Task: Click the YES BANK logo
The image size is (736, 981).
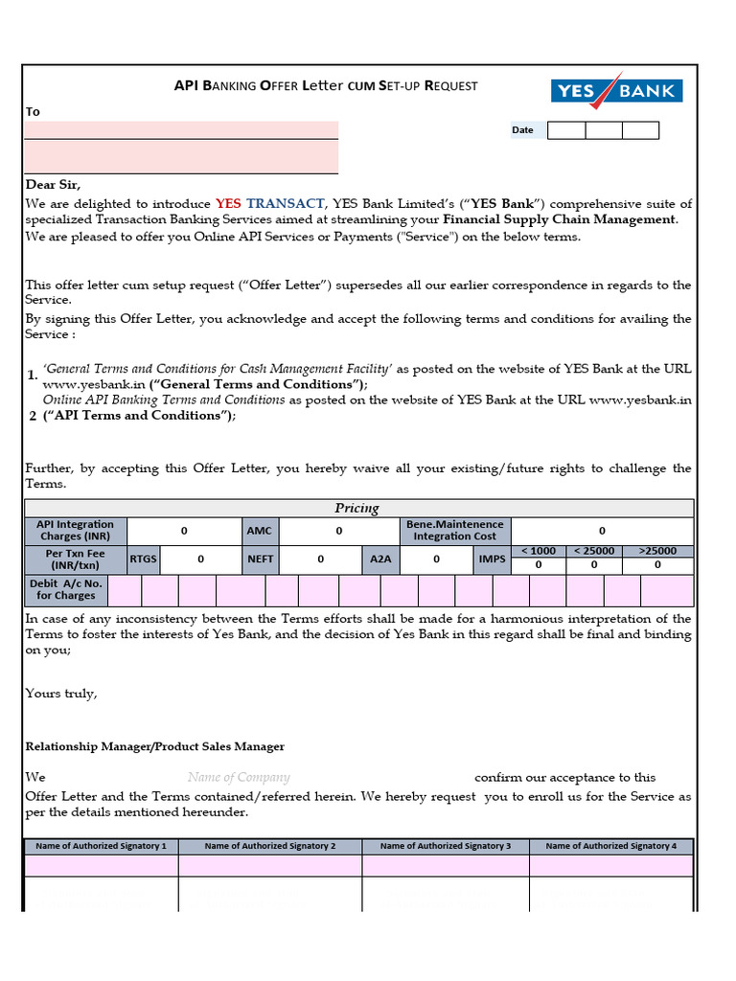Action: (616, 91)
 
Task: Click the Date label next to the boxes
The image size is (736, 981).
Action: (522, 130)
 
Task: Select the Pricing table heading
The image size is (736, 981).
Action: (356, 508)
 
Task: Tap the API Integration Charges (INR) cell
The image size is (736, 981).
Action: (75, 531)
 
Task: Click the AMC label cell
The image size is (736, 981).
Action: (259, 531)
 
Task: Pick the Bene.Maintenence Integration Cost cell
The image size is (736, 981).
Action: (455, 531)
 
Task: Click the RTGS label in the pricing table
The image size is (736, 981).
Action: (144, 559)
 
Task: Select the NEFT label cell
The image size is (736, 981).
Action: (260, 559)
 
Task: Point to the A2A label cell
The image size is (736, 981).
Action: (380, 559)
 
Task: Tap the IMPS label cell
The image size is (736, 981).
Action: (492, 559)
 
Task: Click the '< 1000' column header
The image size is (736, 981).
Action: (538, 551)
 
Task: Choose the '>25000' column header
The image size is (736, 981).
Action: (657, 551)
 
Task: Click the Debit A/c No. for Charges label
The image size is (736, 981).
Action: (66, 589)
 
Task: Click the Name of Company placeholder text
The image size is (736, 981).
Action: (239, 778)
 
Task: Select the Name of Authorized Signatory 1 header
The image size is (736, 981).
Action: (101, 846)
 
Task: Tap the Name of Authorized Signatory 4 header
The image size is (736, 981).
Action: (610, 846)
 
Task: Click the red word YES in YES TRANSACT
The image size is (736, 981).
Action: (229, 204)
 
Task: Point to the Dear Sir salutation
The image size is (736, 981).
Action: (53, 184)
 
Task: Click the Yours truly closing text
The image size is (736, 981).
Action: (60, 694)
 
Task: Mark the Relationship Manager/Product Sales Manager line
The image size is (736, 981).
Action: (154, 746)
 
